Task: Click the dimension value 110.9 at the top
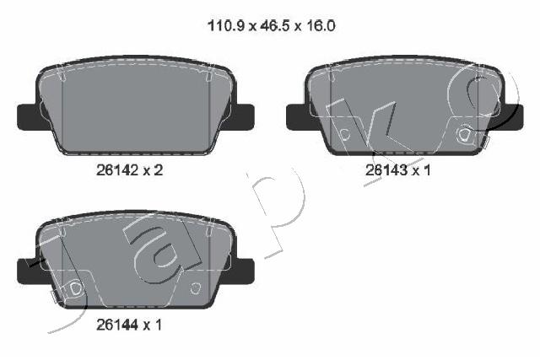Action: (226, 26)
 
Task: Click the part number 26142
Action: (117, 169)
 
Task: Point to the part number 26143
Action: (386, 169)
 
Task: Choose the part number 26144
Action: (117, 325)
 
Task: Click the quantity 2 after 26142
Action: (158, 169)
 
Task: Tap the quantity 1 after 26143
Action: (428, 169)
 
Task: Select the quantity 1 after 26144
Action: (158, 325)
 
